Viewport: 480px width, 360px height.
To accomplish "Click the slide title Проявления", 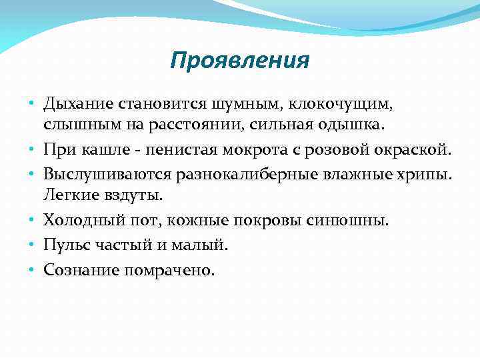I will (239, 61).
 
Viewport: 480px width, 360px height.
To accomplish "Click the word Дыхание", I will (78, 104).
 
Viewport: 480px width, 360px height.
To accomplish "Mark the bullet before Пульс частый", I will (31, 245).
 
